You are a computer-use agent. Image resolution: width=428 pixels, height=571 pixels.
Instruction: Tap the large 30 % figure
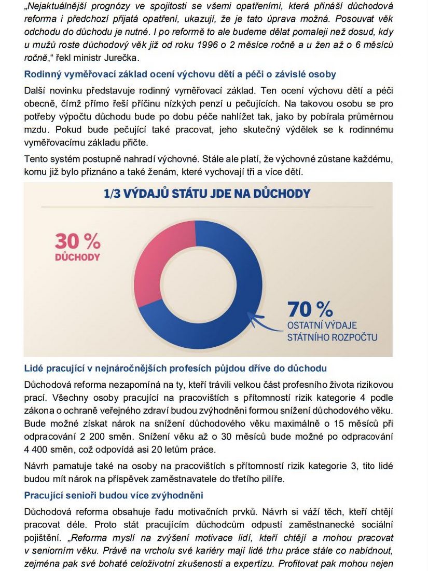tap(78, 241)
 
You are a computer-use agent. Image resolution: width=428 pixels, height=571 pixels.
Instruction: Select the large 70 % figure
tap(310, 309)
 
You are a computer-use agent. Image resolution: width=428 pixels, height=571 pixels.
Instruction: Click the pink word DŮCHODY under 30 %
tap(77, 257)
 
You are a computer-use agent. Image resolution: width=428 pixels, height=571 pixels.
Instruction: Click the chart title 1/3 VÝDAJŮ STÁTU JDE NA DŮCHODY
tap(207, 194)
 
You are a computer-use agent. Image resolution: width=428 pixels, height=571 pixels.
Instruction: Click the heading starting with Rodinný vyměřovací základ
tap(180, 74)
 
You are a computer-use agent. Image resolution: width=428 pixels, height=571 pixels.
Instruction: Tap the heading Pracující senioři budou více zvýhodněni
tap(114, 495)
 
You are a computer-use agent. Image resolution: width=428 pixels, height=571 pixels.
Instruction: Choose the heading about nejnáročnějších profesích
tap(175, 369)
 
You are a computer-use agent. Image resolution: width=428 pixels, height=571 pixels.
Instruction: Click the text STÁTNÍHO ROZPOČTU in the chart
tap(333, 337)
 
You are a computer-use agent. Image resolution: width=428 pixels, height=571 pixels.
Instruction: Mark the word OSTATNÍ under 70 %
tap(308, 326)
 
